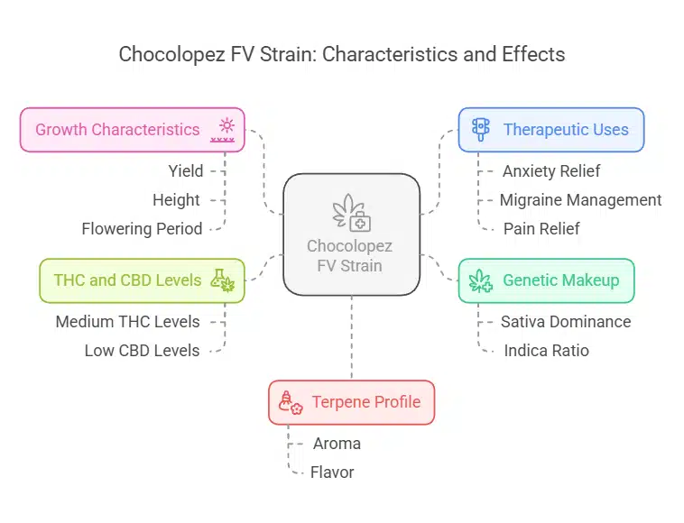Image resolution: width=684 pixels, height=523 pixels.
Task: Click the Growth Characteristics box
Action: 134,130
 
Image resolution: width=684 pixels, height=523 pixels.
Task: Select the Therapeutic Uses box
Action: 550,130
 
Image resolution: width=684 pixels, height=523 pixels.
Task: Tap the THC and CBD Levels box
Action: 142,280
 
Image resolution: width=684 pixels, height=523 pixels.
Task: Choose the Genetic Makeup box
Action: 546,280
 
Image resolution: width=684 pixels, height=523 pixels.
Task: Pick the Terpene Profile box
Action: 351,402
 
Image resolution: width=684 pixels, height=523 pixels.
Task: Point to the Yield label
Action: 185,170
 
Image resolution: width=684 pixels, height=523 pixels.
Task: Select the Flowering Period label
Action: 142,228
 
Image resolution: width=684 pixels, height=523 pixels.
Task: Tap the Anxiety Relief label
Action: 550,170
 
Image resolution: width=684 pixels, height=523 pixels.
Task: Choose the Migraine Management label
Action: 580,199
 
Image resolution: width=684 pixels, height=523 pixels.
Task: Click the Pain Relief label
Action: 541,228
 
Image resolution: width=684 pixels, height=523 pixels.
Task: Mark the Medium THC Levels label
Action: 127,321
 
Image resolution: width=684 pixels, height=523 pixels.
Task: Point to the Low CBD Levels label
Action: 142,350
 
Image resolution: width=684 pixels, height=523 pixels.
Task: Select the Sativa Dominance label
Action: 566,321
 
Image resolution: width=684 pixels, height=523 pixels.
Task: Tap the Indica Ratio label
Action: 546,350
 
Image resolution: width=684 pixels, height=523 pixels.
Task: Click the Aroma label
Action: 337,443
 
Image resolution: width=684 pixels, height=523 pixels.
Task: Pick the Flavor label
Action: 332,472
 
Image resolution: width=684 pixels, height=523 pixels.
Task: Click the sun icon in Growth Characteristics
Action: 226,125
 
